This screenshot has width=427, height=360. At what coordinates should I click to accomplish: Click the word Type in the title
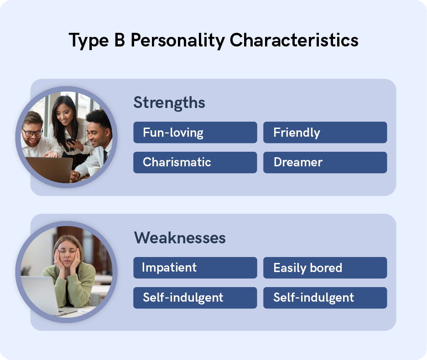pos(88,41)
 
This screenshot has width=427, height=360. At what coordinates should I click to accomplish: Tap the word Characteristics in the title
pos(294,40)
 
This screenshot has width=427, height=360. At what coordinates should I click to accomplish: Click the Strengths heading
pos(169,103)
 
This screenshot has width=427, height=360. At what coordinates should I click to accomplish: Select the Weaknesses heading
pos(180,237)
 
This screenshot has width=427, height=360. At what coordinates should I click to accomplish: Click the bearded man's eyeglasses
pos(33,133)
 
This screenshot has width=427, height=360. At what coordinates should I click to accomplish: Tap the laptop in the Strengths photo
pos(48,169)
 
